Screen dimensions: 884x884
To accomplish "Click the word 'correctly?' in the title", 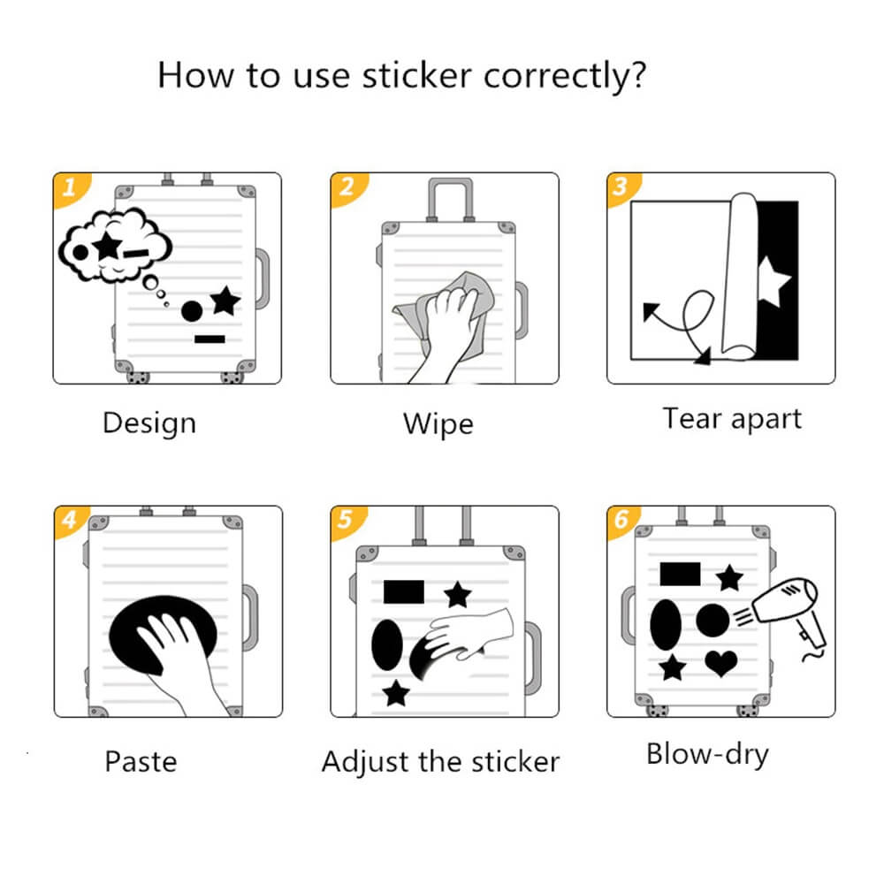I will pos(565,76).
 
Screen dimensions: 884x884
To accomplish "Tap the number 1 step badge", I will pos(67,187).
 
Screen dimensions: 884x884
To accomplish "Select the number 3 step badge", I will pos(621,187).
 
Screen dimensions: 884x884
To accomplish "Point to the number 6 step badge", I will pos(621,520).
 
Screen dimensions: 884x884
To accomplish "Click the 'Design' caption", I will pos(149,423).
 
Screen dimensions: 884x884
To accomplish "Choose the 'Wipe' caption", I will pos(438,423).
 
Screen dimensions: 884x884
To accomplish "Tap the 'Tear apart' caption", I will pos(732,419).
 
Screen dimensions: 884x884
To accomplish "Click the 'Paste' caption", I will pos(141,761).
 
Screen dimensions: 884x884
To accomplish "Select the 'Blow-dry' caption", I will pos(707,755).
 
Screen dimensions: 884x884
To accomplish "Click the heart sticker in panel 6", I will pos(721,662).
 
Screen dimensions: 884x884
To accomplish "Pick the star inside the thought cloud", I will pos(107,244).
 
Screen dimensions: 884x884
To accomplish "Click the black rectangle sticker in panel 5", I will pos(404,591).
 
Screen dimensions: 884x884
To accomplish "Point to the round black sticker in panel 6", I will pos(713,621).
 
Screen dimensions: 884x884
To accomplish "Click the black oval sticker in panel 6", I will pos(666,624).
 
